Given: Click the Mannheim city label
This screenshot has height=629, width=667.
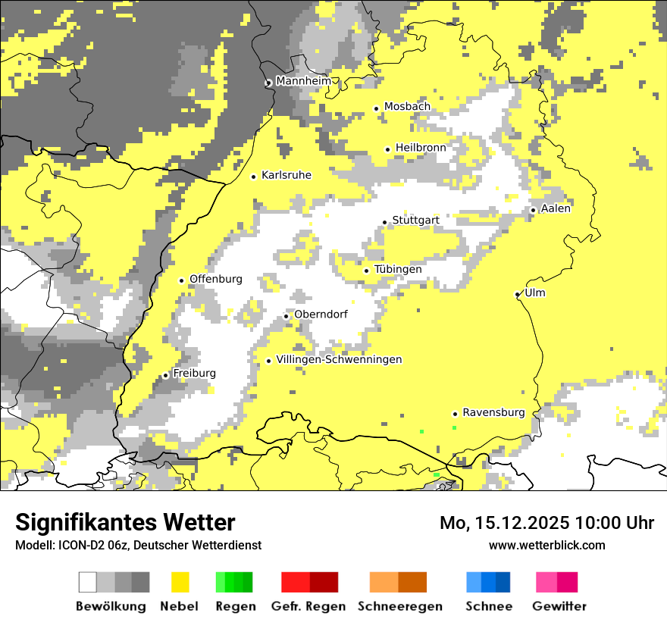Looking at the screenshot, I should [x=303, y=81].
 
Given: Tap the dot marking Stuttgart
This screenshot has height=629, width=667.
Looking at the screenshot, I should [x=385, y=222].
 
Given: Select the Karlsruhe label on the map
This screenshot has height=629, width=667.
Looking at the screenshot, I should [x=287, y=175].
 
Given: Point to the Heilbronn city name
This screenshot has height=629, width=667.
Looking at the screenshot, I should [x=421, y=147].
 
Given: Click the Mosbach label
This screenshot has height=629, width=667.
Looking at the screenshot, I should [x=407, y=107].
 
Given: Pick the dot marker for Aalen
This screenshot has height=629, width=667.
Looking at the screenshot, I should [x=534, y=210].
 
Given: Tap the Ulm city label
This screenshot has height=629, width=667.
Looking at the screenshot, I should [x=535, y=293].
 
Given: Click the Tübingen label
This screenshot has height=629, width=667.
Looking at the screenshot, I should [x=398, y=269].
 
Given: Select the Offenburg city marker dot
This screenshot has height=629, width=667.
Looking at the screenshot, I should [x=182, y=280].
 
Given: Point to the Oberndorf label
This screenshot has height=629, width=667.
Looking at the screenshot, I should [x=321, y=314].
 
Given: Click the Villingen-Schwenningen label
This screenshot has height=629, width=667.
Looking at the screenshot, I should [x=340, y=359].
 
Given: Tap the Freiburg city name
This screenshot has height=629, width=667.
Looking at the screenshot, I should [x=194, y=374].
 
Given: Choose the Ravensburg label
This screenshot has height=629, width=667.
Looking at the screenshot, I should [x=493, y=412].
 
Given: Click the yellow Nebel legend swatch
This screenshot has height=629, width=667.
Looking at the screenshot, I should [x=180, y=582].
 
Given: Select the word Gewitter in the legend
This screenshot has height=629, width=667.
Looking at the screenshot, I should [x=559, y=606].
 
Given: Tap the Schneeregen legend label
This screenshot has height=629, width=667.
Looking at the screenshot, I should [x=400, y=606].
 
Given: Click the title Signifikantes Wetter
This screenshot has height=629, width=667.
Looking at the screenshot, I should [x=125, y=522].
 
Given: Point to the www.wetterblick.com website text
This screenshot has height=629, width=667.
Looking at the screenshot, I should [x=547, y=545].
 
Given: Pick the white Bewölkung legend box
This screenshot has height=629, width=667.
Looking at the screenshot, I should [x=88, y=582].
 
